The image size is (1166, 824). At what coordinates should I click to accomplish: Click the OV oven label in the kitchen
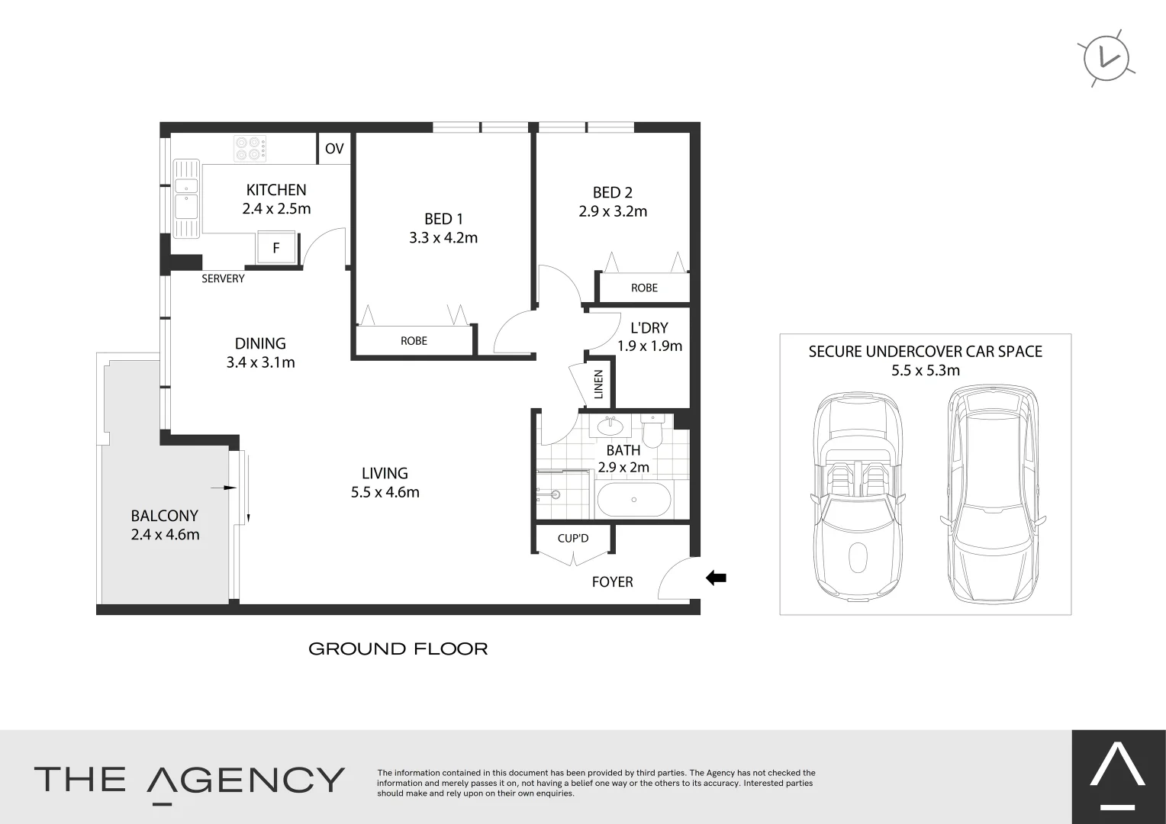tap(334, 149)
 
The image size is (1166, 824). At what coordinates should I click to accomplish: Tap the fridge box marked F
tap(275, 248)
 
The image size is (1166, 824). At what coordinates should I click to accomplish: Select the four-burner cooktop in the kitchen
tap(250, 148)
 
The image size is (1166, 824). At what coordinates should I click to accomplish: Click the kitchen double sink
tap(186, 197)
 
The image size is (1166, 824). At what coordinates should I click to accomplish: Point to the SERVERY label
tap(223, 278)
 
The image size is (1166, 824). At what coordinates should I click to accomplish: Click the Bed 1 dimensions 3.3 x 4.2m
tap(443, 238)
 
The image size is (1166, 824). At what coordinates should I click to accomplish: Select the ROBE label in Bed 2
tap(644, 288)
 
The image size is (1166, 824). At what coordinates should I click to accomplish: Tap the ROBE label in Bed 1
tap(414, 341)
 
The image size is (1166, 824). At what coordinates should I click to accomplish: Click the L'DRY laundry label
tap(649, 328)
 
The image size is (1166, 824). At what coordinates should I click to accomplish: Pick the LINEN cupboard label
tap(598, 385)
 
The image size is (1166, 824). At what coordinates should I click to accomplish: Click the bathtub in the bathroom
tap(634, 500)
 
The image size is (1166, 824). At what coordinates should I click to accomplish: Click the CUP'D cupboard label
tap(573, 539)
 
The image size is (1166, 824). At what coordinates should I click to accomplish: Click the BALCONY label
tap(164, 516)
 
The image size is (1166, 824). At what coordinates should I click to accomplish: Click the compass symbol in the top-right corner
tap(1106, 58)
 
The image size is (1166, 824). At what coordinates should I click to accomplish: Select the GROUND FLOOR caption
tap(398, 649)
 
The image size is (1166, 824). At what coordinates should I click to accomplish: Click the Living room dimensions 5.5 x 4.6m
tap(385, 493)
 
